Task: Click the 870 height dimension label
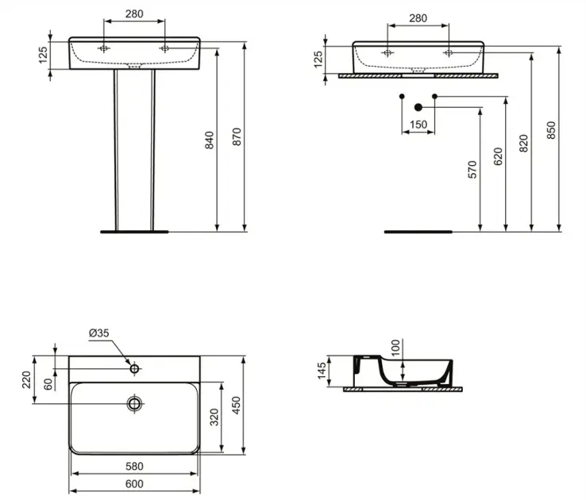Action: [x=237, y=137]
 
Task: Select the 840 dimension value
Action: [x=210, y=140]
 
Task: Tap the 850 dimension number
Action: [x=551, y=130]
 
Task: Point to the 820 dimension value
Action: [x=524, y=143]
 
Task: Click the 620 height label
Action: [x=498, y=156]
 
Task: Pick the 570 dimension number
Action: [x=472, y=170]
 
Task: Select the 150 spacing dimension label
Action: [x=418, y=125]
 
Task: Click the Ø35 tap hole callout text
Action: [x=99, y=333]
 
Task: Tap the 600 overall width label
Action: [x=134, y=483]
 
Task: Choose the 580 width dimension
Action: [x=134, y=466]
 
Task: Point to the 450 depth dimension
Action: [x=236, y=405]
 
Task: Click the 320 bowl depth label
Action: [x=214, y=417]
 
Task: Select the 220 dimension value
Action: [x=26, y=379]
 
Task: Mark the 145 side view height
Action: [x=322, y=371]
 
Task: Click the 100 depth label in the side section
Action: [x=395, y=348]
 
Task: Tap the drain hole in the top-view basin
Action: [x=134, y=403]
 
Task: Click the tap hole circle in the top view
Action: [x=134, y=369]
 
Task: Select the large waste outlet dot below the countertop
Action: [x=418, y=108]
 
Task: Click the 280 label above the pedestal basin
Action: [x=134, y=13]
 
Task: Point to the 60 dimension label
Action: [x=48, y=384]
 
